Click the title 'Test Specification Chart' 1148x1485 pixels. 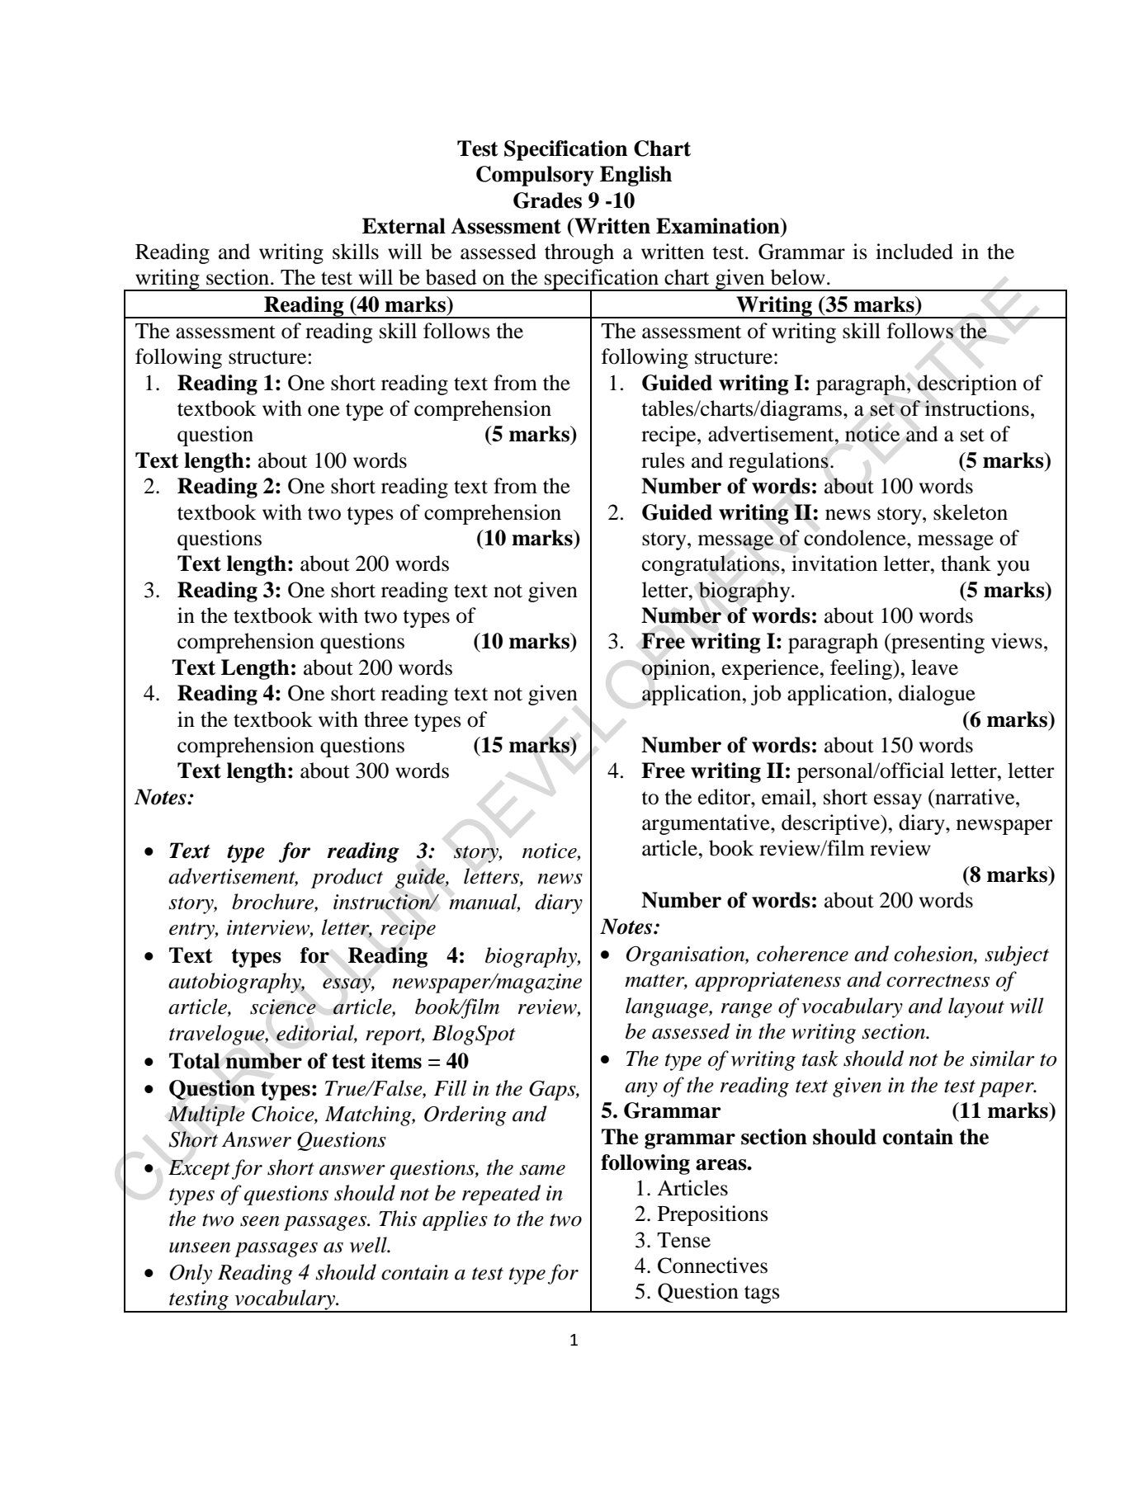point(574,149)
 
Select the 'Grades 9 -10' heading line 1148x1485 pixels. point(574,200)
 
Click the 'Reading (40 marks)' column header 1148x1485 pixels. point(358,304)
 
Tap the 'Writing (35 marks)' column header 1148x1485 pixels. point(829,304)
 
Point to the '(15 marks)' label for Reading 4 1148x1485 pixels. point(525,746)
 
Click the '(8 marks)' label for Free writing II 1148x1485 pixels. point(1009,874)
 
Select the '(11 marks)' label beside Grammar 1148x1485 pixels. point(1004,1110)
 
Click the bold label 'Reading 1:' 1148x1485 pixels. point(229,384)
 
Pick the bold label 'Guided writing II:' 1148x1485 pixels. point(730,513)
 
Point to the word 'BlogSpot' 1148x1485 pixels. point(473,1034)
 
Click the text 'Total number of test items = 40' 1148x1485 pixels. point(319,1061)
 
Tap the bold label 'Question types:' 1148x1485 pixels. point(243,1089)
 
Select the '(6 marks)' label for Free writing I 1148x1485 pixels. point(1009,719)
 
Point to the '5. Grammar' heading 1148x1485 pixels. point(660,1110)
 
